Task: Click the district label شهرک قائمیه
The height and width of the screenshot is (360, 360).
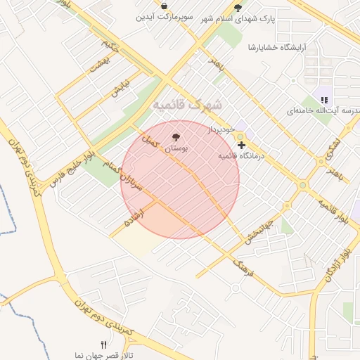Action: pos(187,105)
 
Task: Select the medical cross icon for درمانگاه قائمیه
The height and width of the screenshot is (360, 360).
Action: pos(242,144)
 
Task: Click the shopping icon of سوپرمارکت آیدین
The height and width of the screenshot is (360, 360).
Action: pos(164,6)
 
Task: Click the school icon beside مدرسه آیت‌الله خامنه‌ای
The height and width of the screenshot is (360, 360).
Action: pos(324,100)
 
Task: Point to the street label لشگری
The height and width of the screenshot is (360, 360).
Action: pos(332,147)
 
